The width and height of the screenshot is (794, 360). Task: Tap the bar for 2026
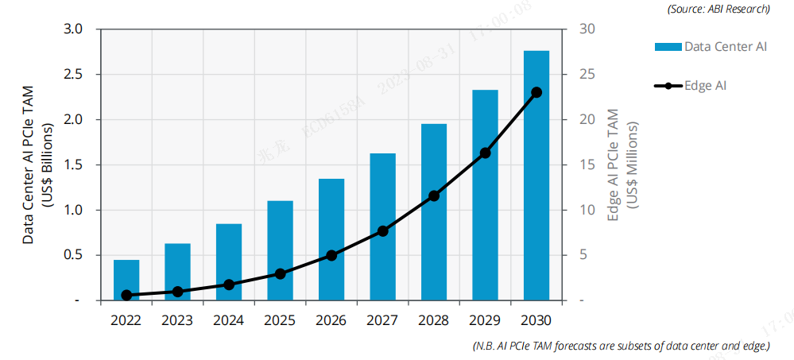(331, 239)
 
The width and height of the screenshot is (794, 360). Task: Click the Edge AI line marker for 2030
(536, 92)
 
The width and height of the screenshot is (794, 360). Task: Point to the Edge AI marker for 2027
(382, 230)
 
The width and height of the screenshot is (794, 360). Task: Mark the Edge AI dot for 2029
(485, 153)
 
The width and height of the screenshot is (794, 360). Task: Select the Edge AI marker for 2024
(229, 285)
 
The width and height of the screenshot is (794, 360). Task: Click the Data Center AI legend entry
(711, 47)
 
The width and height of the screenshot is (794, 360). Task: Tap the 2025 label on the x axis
(280, 320)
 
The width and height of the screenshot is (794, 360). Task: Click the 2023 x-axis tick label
(177, 320)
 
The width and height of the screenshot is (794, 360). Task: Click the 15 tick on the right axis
(587, 165)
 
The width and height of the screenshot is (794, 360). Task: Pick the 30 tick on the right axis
(587, 29)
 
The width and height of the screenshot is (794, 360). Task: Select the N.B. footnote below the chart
(620, 346)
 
